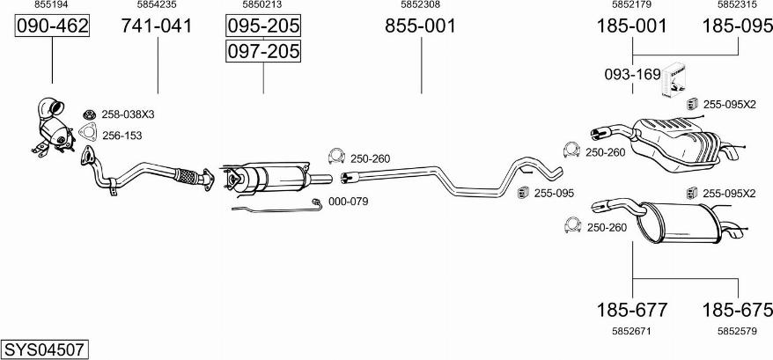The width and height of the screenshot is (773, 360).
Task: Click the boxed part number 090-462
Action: point(52,26)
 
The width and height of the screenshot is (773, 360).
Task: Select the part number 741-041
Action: point(158,26)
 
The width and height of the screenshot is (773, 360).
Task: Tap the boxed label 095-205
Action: point(263,26)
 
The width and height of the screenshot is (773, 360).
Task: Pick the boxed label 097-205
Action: point(263,51)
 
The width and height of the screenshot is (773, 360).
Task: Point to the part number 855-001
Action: point(421,26)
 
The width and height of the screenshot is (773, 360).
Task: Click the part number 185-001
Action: point(632,26)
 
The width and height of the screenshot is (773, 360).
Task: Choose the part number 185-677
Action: point(632,310)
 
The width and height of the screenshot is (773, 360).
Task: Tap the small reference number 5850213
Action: point(262,5)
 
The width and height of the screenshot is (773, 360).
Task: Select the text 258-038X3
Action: point(129,114)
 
